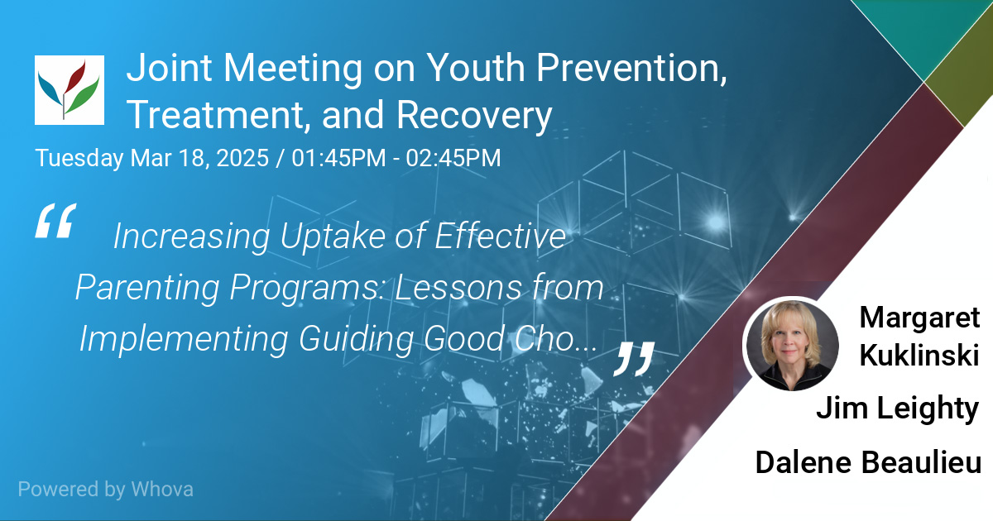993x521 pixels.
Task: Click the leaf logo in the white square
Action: pyautogui.click(x=70, y=90)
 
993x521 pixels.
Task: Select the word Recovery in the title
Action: pyautogui.click(x=474, y=115)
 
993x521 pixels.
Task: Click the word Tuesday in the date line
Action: pyautogui.click(x=79, y=158)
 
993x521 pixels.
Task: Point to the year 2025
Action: pyautogui.click(x=242, y=158)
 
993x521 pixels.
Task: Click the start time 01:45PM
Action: pyautogui.click(x=338, y=158)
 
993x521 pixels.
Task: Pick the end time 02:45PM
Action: pyautogui.click(x=453, y=158)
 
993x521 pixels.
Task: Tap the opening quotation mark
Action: pyautogui.click(x=56, y=221)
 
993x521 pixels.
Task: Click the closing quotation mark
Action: pyautogui.click(x=634, y=359)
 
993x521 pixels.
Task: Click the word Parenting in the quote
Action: pyautogui.click(x=147, y=289)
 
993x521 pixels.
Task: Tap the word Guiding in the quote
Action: pyautogui.click(x=357, y=340)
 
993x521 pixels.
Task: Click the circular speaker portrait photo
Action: pyautogui.click(x=793, y=345)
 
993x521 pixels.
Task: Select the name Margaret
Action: pyautogui.click(x=919, y=318)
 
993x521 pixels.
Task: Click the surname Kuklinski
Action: pyautogui.click(x=919, y=356)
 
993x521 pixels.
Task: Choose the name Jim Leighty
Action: pyautogui.click(x=897, y=408)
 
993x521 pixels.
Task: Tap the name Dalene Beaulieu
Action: pyautogui.click(x=868, y=462)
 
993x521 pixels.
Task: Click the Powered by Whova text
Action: pyautogui.click(x=106, y=490)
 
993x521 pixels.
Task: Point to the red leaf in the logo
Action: pyautogui.click(x=74, y=76)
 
